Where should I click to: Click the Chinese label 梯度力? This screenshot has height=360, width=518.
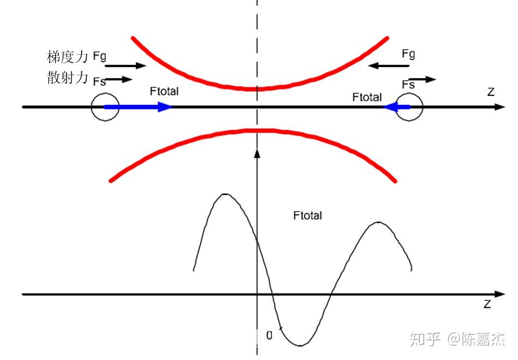(68, 57)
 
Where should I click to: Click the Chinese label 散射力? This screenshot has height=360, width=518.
(68, 77)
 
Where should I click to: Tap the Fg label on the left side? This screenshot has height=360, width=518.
(99, 56)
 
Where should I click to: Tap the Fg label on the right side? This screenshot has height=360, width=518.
(408, 54)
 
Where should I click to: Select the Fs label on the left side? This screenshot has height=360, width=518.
(99, 81)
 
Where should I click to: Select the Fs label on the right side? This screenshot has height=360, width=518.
(408, 85)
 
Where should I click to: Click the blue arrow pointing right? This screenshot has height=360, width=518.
(138, 107)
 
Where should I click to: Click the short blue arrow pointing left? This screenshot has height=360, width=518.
(396, 107)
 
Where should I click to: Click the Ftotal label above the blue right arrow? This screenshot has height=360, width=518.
(164, 91)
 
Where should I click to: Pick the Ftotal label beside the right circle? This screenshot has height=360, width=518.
(367, 97)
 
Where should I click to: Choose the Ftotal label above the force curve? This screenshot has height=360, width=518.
(308, 215)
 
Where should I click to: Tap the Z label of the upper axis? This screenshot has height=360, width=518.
(491, 92)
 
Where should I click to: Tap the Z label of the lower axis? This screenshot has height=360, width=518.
(487, 304)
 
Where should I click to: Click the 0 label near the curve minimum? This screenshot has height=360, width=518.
(269, 335)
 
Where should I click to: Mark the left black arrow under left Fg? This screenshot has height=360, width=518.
(125, 66)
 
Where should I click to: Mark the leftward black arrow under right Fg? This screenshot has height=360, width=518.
(388, 66)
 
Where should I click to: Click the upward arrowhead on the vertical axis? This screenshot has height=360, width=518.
(257, 153)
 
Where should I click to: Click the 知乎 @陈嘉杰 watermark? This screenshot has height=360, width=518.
(457, 339)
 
